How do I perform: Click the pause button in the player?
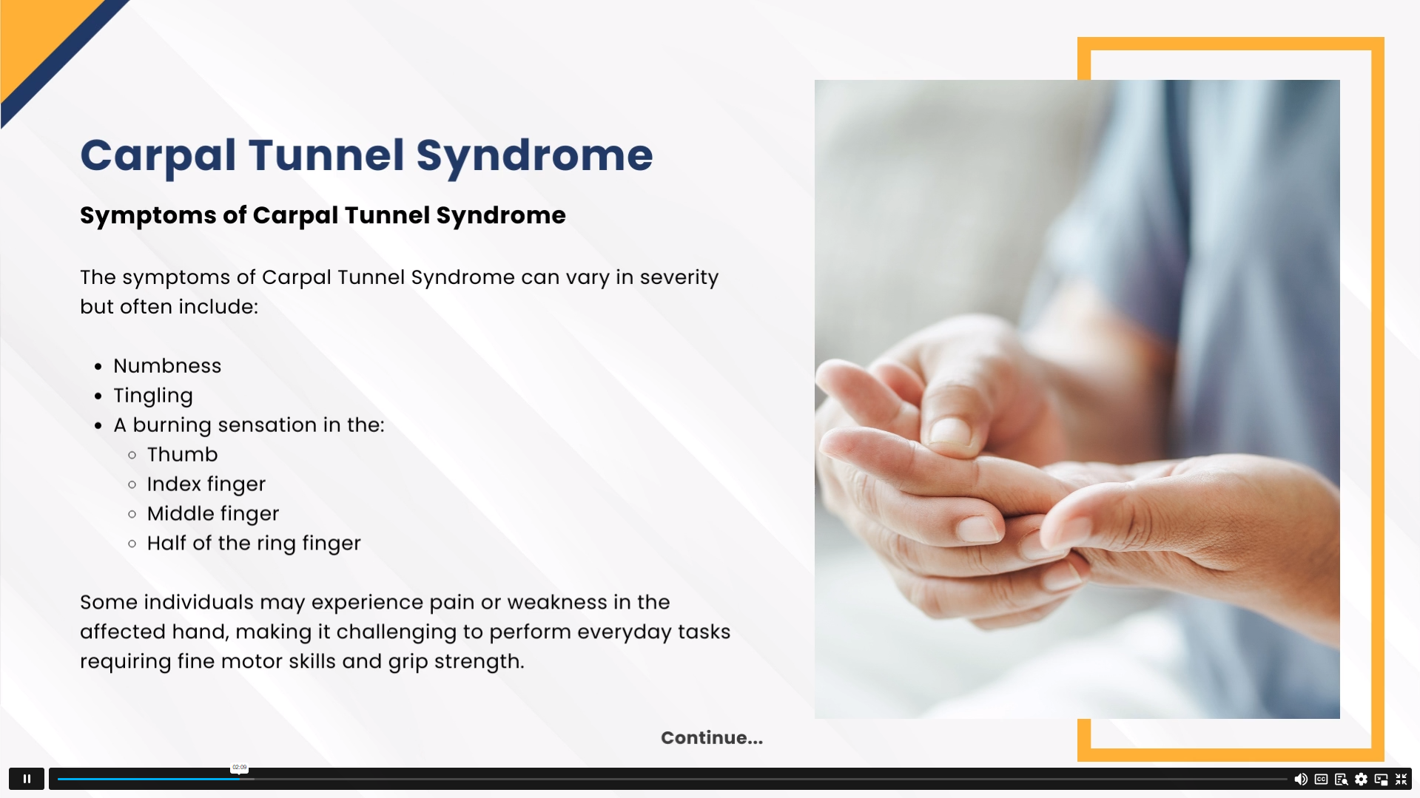click(x=27, y=779)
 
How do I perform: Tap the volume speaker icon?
click(x=1301, y=779)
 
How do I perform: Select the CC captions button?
click(x=1321, y=779)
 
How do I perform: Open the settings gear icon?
click(x=1361, y=779)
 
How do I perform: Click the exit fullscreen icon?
click(x=1401, y=779)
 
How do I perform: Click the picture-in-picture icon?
click(x=1381, y=779)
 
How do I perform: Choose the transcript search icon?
click(x=1341, y=779)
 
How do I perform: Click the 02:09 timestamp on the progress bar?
click(x=239, y=768)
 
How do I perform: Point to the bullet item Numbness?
click(x=167, y=365)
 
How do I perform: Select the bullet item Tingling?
click(x=153, y=396)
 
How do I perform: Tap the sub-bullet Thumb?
click(x=182, y=454)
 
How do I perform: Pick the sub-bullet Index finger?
click(x=206, y=484)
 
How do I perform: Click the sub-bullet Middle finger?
click(x=213, y=513)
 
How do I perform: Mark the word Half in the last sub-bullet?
click(x=166, y=543)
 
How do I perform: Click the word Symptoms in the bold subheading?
click(x=149, y=215)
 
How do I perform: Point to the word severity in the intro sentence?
click(x=679, y=277)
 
